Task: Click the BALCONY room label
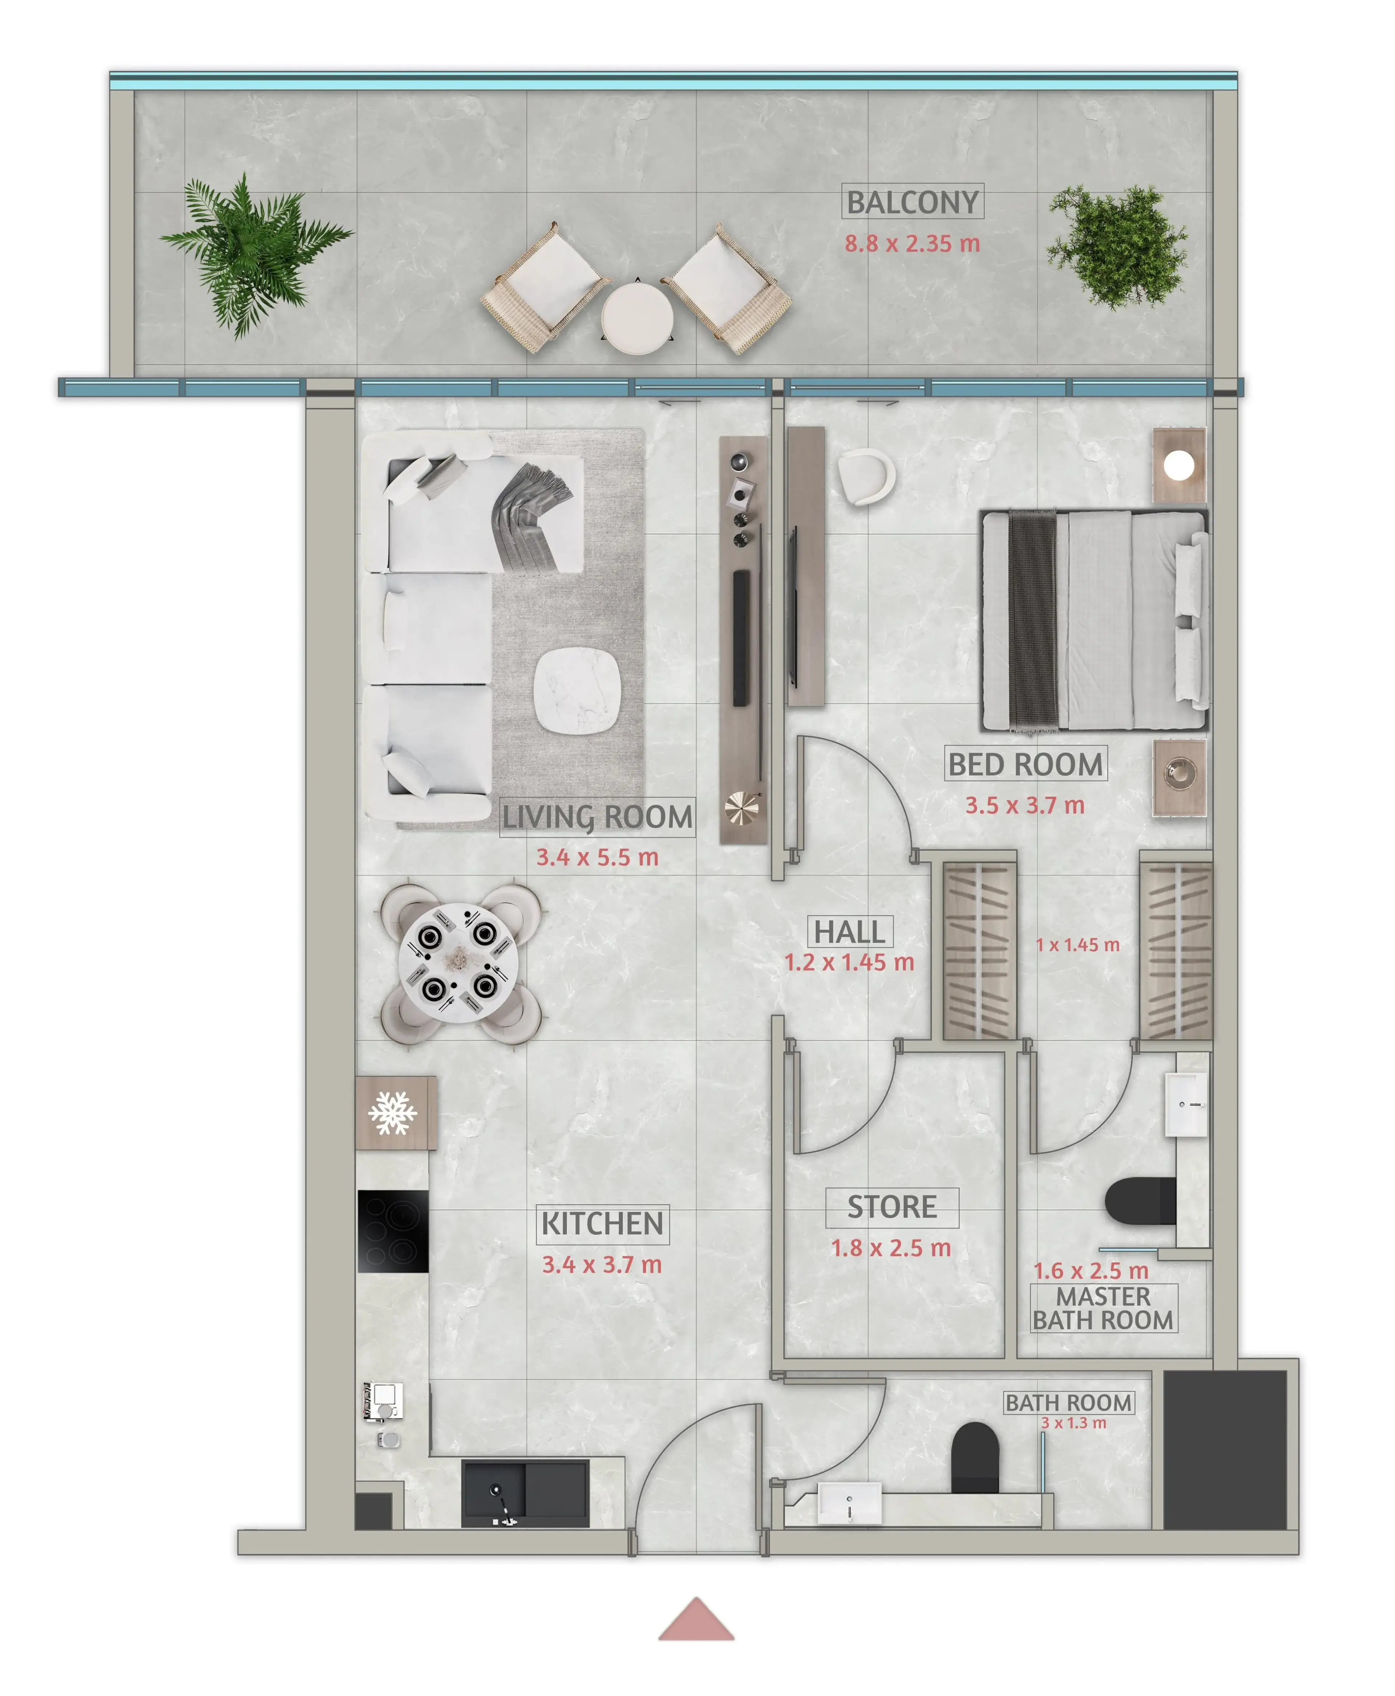[913, 202]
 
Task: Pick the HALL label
[849, 932]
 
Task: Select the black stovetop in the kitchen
[393, 1231]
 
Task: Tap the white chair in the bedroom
[866, 477]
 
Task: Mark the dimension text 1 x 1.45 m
[1077, 945]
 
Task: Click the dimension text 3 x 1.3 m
[1073, 1423]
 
